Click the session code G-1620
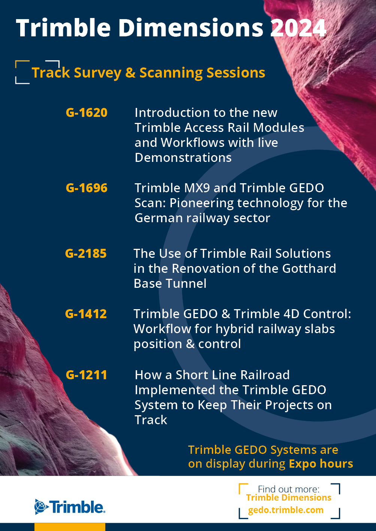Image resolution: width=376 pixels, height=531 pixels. click(x=87, y=113)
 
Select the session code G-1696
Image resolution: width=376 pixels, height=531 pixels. click(x=87, y=188)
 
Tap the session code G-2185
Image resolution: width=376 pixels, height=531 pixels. click(x=86, y=254)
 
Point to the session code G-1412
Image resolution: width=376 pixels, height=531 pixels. click(x=86, y=314)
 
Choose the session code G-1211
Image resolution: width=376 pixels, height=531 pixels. click(x=86, y=375)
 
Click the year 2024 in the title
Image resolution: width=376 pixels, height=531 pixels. click(x=298, y=28)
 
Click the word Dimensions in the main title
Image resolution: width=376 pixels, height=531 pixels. click(x=191, y=28)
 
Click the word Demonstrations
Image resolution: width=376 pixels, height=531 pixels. click(x=183, y=158)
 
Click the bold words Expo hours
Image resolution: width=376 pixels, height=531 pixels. click(x=321, y=464)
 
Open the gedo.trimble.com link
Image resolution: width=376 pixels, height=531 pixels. click(x=286, y=510)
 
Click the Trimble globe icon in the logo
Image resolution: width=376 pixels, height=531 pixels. click(x=41, y=507)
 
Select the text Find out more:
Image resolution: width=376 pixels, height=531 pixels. click(x=288, y=489)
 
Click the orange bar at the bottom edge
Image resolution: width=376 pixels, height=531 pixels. click(x=70, y=527)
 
